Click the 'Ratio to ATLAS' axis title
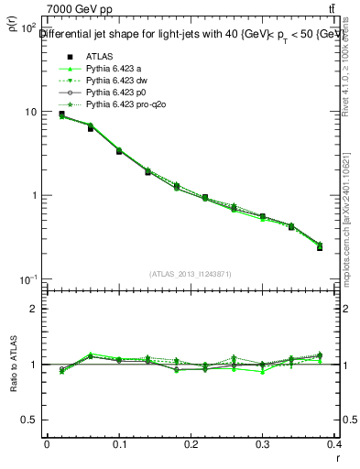[13, 363]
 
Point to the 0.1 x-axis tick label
[119, 443]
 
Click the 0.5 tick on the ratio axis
[32, 420]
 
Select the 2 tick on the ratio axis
[35, 309]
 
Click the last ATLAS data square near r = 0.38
[320, 247]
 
